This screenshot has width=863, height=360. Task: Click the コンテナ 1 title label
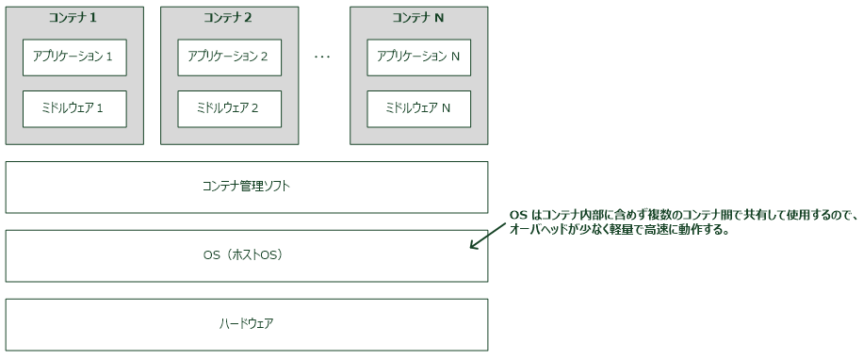click(x=74, y=17)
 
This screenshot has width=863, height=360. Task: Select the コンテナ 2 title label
click(x=230, y=17)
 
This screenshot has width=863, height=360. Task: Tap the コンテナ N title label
click(x=418, y=17)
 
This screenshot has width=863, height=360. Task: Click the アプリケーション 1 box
click(x=74, y=57)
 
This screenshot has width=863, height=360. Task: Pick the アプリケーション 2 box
click(x=230, y=57)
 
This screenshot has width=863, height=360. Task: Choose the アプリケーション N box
click(x=419, y=57)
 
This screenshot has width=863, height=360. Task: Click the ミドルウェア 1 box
click(x=74, y=108)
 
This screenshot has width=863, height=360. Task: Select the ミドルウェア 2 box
click(x=230, y=108)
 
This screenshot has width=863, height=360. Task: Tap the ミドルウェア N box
click(x=419, y=108)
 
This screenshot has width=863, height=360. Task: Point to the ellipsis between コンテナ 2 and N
click(x=322, y=57)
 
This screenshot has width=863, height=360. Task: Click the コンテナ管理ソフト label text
click(x=246, y=187)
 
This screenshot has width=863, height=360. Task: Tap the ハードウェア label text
click(x=247, y=324)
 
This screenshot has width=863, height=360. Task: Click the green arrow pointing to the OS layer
click(x=487, y=237)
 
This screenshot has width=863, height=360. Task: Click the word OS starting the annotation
click(x=517, y=216)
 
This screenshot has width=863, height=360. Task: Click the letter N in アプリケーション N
click(x=455, y=57)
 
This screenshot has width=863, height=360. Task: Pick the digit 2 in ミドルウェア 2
click(x=255, y=108)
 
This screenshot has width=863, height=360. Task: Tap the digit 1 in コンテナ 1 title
click(x=94, y=17)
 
